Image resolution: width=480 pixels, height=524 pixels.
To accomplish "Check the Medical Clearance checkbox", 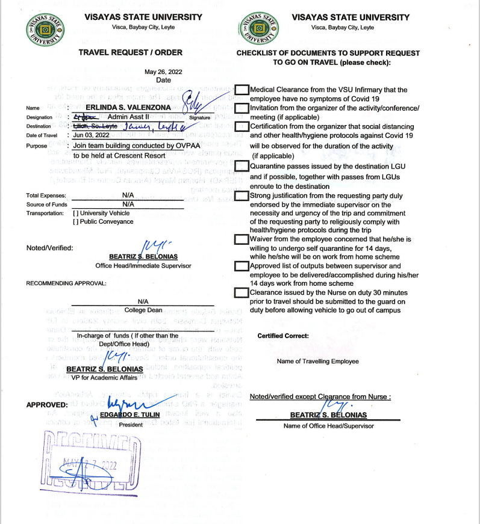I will [x=242, y=90].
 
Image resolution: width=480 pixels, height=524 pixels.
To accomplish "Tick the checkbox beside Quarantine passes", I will [x=242, y=166].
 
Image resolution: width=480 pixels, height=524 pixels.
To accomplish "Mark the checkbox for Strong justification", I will [x=242, y=196].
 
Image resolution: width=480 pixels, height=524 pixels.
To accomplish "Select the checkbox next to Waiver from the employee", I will [x=242, y=239].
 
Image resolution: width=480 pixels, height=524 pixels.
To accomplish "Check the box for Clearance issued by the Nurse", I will [x=242, y=292].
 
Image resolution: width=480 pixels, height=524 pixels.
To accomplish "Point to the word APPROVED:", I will [x=46, y=405].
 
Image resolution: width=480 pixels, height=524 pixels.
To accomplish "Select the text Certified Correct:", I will [x=282, y=336].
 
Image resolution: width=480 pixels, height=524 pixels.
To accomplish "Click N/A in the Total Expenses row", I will [x=127, y=196].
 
